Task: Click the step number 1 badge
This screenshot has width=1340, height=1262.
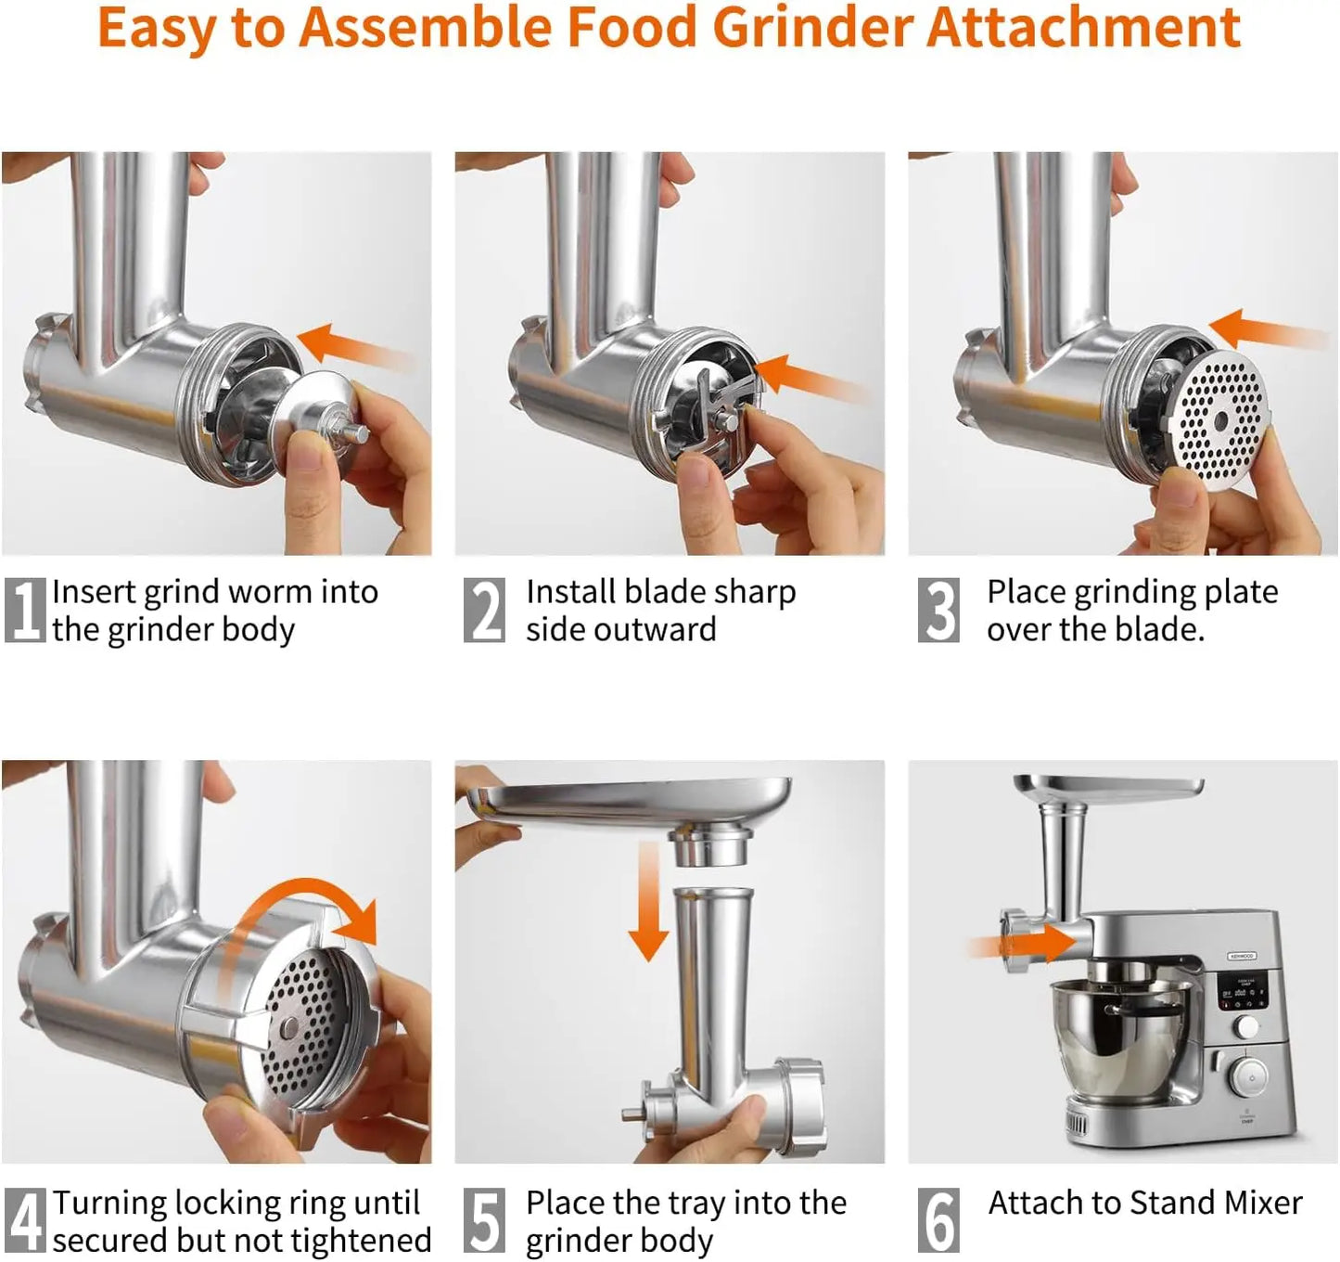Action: pyautogui.click(x=24, y=610)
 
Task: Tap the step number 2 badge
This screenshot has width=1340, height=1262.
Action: pyautogui.click(x=484, y=610)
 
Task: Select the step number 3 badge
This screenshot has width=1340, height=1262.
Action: pyautogui.click(x=938, y=610)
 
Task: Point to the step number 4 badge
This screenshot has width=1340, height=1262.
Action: pyautogui.click(x=24, y=1220)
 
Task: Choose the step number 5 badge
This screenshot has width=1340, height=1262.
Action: pyautogui.click(x=484, y=1220)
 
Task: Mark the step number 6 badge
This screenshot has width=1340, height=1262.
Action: pyautogui.click(x=938, y=1220)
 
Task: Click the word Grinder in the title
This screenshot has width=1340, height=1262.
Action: pyautogui.click(x=812, y=28)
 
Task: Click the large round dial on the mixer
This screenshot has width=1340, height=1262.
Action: pyautogui.click(x=1251, y=1078)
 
